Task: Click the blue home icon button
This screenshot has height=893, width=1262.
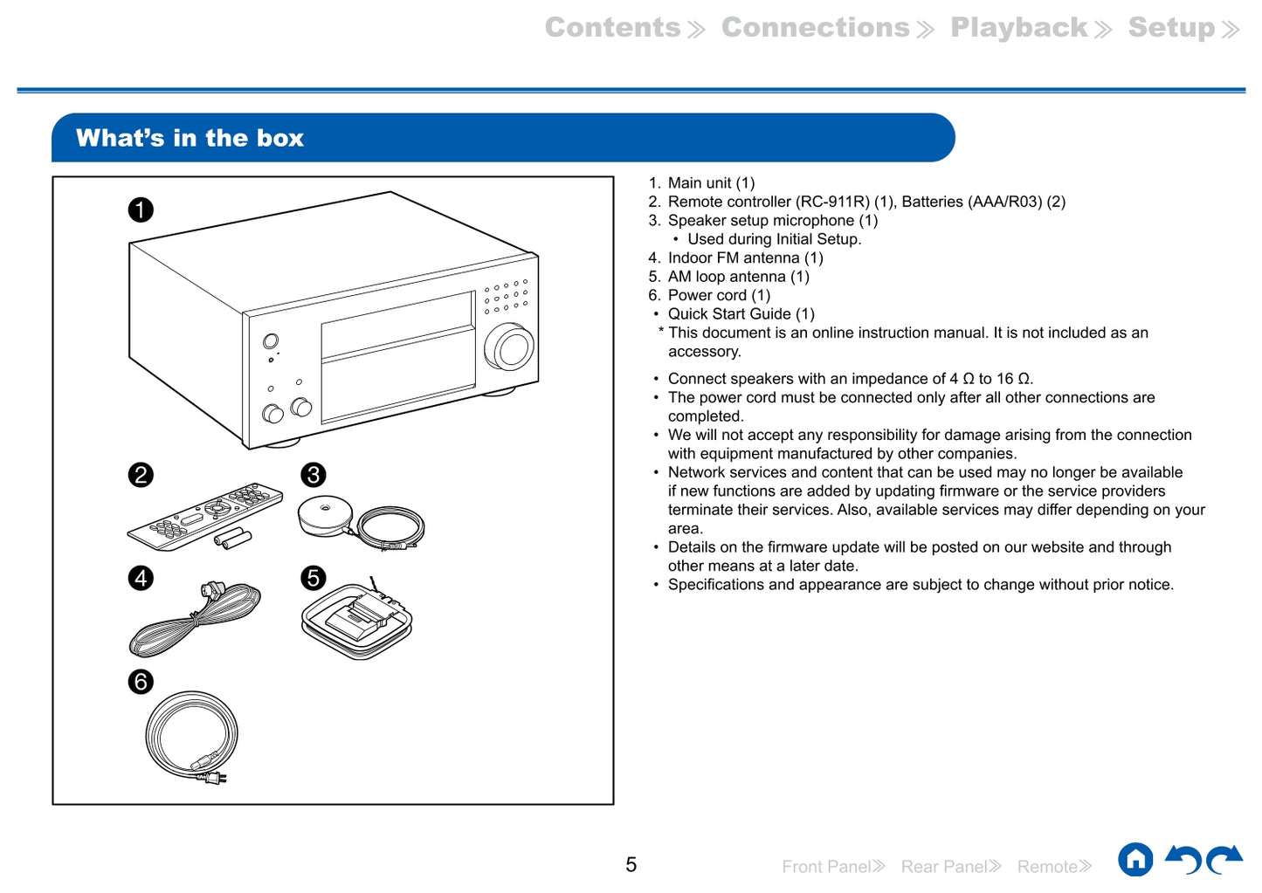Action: click(1135, 860)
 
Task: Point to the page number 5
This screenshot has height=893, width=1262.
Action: click(631, 865)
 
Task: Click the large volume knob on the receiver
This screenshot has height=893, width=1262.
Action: click(510, 347)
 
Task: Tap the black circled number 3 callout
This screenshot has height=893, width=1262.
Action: click(313, 475)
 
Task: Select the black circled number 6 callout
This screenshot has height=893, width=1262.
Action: click(141, 682)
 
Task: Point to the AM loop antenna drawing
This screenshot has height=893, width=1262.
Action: click(356, 620)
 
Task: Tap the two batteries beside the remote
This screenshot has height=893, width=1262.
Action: click(233, 539)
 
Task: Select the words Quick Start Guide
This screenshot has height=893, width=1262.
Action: click(729, 314)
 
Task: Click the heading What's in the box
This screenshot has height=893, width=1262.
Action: click(190, 138)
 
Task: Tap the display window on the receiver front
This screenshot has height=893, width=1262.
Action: click(398, 358)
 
